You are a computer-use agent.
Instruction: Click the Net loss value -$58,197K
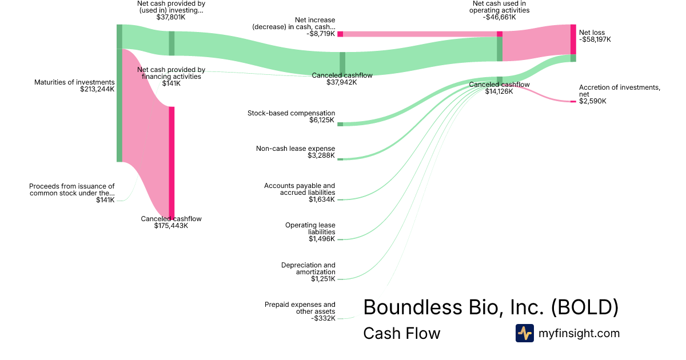(x=595, y=40)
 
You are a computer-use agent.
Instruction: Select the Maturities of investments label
(x=74, y=82)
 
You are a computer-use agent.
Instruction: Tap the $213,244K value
(x=97, y=89)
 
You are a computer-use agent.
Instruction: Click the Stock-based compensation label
(x=291, y=113)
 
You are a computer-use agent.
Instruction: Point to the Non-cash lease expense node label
(x=295, y=149)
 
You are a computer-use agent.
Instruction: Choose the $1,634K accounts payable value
(x=322, y=199)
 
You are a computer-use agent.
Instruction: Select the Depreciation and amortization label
(x=308, y=269)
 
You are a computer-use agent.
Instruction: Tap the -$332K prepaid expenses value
(x=323, y=318)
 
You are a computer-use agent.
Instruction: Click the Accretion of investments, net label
(x=619, y=90)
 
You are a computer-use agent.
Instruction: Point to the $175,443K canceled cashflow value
(x=171, y=226)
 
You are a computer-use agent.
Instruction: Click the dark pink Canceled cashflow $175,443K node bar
(x=171, y=162)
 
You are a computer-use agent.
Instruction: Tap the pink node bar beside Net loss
(x=573, y=39)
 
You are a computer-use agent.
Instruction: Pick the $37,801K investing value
(x=171, y=17)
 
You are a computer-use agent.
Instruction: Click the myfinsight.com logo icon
(x=524, y=333)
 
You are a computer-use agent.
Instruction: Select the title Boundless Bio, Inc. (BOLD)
(x=490, y=307)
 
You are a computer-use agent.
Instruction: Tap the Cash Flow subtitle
(x=401, y=333)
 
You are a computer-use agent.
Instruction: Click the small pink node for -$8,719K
(x=340, y=34)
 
